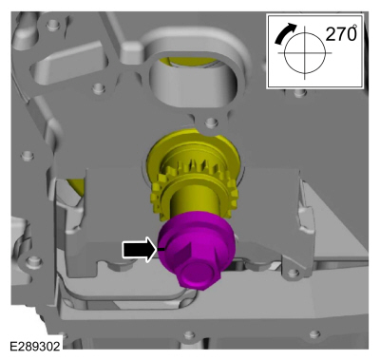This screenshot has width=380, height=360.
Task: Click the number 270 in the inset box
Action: pos(339,33)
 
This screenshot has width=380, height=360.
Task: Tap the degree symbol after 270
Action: pos(355,26)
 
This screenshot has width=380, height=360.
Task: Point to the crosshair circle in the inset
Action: pos(305,52)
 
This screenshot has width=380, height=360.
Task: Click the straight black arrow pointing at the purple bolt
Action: pos(140,249)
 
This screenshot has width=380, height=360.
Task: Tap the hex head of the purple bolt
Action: pos(199,273)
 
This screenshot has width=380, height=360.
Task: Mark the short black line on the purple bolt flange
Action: pos(161,249)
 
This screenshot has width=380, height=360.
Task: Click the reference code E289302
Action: pos(35,346)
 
